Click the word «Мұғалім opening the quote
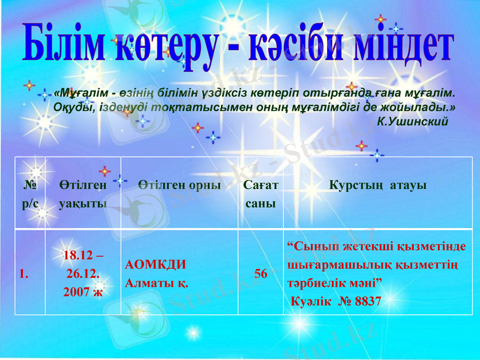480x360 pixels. point(77,94)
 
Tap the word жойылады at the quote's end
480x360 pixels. point(423,108)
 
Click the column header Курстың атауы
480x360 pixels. point(378,185)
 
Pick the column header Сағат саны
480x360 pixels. point(260,194)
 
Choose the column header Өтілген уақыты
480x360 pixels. point(83,194)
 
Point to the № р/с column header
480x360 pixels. point(30,194)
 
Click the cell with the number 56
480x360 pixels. point(260,274)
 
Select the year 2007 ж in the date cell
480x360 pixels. point(83,292)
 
